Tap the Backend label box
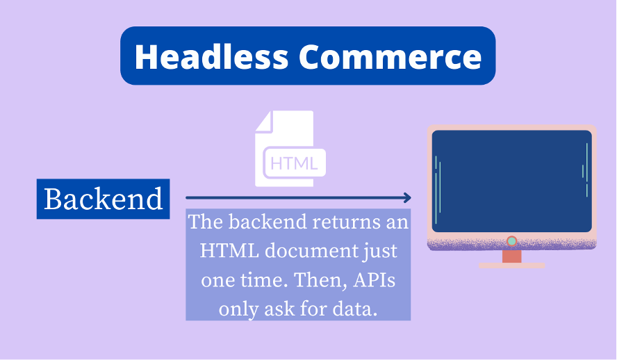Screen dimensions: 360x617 pos(103,199)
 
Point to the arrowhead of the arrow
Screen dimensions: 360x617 pos(407,198)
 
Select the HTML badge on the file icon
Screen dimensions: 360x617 pos(294,164)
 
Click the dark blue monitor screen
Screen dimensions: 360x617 pos(511,181)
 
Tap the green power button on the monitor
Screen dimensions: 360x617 pos(511,241)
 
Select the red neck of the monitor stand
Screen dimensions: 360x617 pos(511,256)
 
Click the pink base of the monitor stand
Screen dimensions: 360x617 pos(511,265)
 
